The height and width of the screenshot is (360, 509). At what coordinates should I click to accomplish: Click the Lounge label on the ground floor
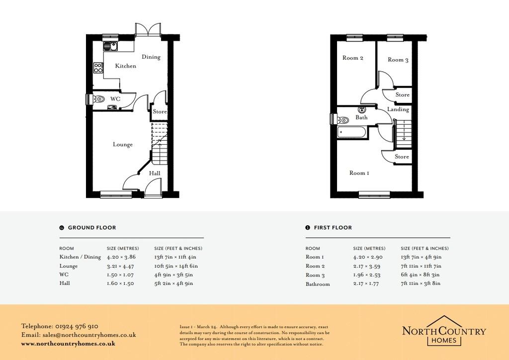[123, 145]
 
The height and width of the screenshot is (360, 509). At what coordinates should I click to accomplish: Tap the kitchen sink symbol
[111, 46]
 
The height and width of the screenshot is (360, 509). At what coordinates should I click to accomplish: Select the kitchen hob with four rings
[98, 68]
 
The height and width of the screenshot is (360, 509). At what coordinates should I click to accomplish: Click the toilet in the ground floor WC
[99, 98]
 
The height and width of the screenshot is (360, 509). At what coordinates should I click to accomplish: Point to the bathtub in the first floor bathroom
[352, 132]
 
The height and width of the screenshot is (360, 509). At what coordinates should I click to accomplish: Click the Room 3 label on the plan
[398, 60]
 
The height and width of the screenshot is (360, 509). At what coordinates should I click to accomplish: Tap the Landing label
[398, 109]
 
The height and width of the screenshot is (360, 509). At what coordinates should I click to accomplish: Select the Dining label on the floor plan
[151, 57]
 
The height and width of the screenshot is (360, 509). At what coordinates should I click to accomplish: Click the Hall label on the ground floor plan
[155, 173]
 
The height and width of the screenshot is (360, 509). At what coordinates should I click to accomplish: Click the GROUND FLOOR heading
[92, 228]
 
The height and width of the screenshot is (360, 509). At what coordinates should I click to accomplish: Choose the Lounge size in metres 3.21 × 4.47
[120, 266]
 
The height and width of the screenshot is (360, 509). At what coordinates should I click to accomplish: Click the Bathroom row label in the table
[318, 284]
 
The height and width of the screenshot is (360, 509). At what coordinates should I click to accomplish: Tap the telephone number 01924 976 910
[77, 326]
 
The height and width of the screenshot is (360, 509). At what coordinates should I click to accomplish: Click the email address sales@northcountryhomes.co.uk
[89, 335]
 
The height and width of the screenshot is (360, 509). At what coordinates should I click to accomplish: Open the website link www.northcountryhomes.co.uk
[68, 344]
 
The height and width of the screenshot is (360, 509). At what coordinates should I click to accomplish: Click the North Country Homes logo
[444, 331]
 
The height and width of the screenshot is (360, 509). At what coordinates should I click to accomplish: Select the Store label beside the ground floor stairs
[160, 111]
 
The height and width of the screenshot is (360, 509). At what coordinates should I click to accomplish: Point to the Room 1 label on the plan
[359, 173]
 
